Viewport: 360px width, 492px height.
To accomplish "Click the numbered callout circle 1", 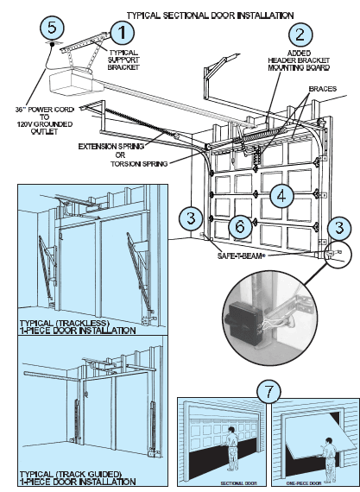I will (x=124, y=34).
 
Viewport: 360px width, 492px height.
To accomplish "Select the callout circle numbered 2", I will (x=300, y=35).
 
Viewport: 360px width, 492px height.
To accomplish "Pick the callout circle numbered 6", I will (x=243, y=225).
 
